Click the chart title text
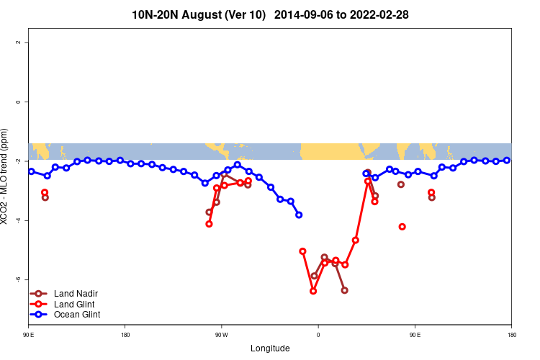point(270,14)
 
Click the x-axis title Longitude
point(270,348)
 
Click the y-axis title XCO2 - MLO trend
point(6,176)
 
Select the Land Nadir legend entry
point(76,294)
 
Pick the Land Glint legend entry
point(75,305)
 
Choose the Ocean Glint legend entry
point(77,315)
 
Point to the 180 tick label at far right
point(511,335)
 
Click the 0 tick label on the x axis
point(318,335)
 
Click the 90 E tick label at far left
point(29,335)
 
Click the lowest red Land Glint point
point(313,291)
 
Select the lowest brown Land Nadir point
point(344,290)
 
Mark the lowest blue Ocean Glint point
point(299,215)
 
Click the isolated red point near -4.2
point(402,227)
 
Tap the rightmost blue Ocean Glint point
point(507,160)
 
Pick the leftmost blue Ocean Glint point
point(32,171)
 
